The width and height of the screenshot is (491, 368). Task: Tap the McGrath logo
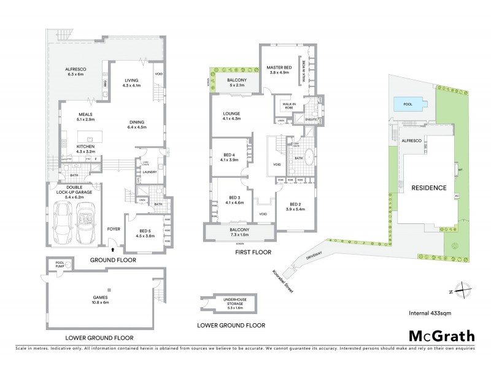point(439,337)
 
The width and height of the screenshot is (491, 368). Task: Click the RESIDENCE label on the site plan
point(428,188)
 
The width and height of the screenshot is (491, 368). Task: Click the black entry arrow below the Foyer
point(112,249)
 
